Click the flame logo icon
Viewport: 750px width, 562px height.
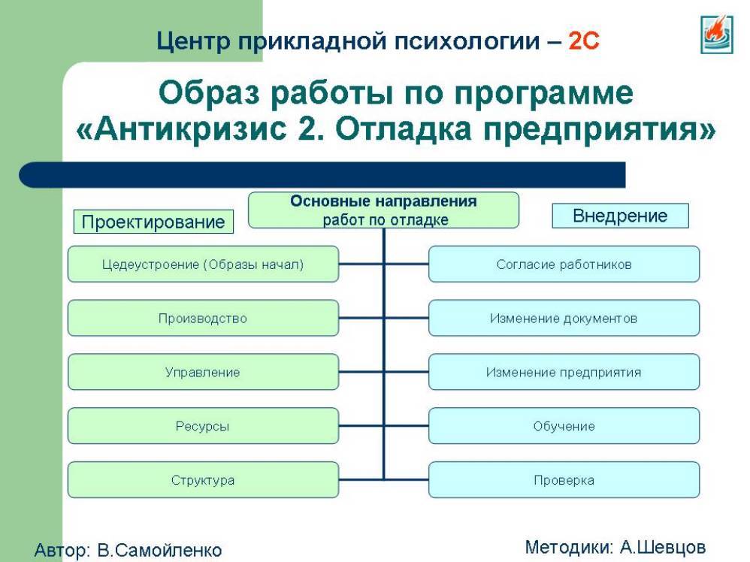716,34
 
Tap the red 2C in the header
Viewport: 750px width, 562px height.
584,41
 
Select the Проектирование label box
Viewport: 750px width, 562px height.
153,222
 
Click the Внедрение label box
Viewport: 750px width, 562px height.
621,216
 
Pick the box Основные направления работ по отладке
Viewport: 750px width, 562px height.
383,210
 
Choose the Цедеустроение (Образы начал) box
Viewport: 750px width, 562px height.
204,264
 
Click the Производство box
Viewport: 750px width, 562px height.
204,318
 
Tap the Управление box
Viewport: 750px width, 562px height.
204,372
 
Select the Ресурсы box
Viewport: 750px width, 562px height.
204,426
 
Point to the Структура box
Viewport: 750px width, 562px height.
204,480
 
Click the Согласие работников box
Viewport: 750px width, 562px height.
564,264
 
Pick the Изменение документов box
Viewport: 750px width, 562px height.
564,318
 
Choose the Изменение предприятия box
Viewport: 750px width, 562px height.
564,372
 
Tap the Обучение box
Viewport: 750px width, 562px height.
564,426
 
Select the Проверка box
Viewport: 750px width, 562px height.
564,480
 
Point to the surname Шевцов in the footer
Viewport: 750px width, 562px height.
673,547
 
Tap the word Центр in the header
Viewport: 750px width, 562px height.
193,41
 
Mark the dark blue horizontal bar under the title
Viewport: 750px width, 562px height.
322,174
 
